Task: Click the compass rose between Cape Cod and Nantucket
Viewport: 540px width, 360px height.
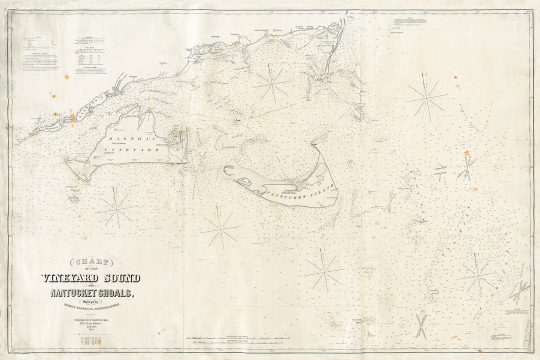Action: tap(271, 83)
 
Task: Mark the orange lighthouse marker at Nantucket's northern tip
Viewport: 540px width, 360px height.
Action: tap(314, 144)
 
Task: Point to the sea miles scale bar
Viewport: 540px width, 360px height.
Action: tap(237, 338)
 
